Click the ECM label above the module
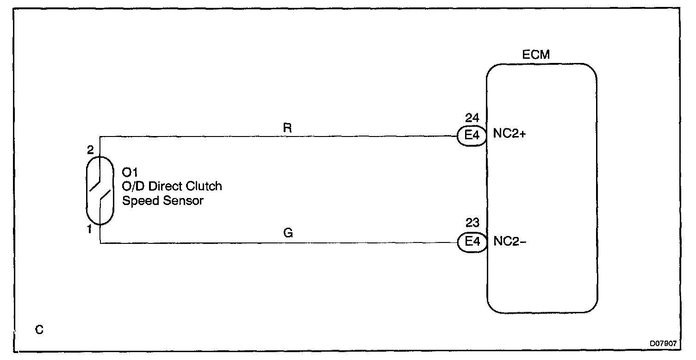pyautogui.click(x=536, y=55)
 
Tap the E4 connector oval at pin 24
pyautogui.click(x=471, y=136)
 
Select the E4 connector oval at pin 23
pyautogui.click(x=472, y=242)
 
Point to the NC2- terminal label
pyautogui.click(x=507, y=241)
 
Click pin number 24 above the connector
pyautogui.click(x=472, y=118)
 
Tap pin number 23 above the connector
pyautogui.click(x=472, y=223)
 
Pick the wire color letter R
pyautogui.click(x=287, y=128)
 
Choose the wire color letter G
pyautogui.click(x=288, y=233)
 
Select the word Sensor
pyautogui.click(x=183, y=201)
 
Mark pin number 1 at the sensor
pyautogui.click(x=90, y=229)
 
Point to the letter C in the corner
pyautogui.click(x=39, y=330)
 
